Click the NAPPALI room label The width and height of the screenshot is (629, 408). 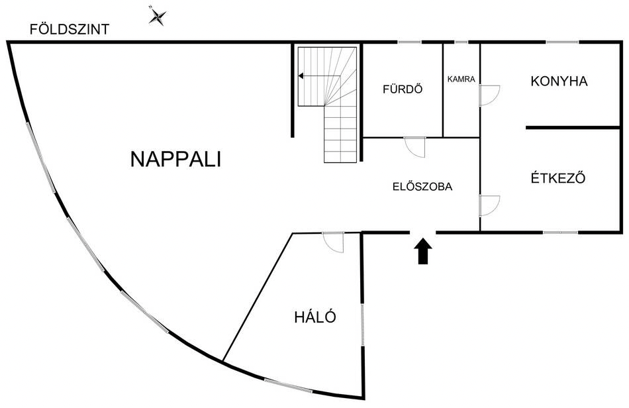click(x=175, y=159)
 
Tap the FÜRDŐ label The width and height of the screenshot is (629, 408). click(x=403, y=89)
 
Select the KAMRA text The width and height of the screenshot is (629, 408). click(x=461, y=79)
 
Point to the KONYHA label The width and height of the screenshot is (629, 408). click(x=559, y=81)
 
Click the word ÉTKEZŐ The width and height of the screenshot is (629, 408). click(x=558, y=178)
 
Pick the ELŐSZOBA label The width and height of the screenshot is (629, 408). click(x=422, y=186)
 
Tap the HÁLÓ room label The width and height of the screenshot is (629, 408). click(x=315, y=317)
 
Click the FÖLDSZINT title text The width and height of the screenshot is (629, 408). click(x=70, y=29)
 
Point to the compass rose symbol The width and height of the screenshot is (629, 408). click(x=158, y=17)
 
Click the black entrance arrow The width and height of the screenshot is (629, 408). click(x=423, y=251)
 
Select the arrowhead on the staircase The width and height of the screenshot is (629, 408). click(x=301, y=76)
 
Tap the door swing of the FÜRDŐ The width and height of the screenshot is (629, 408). click(x=414, y=147)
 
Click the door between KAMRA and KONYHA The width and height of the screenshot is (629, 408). click(x=489, y=95)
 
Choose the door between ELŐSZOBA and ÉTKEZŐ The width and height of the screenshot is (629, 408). click(x=489, y=206)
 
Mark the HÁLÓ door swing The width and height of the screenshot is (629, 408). click(x=333, y=242)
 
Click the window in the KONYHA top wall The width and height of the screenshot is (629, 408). click(x=562, y=42)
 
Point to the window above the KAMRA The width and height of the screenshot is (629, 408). click(x=461, y=42)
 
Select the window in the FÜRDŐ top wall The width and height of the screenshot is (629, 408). click(x=410, y=42)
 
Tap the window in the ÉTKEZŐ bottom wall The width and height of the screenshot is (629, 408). click(x=560, y=232)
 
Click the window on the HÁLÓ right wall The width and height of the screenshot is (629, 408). click(x=363, y=325)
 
